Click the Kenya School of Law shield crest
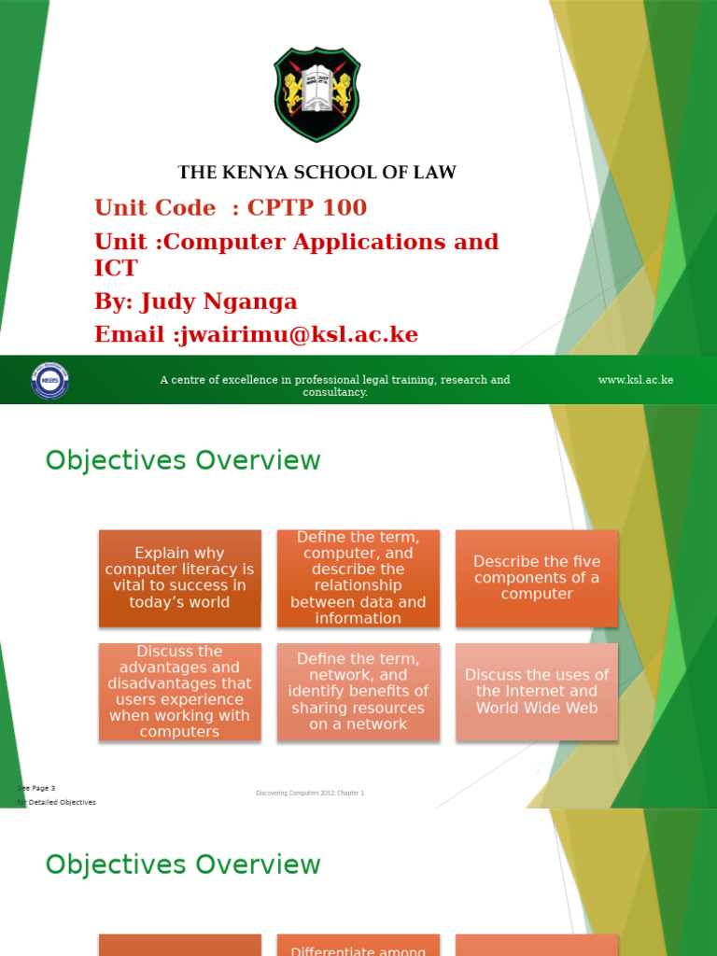click(x=317, y=94)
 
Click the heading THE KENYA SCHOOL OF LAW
click(x=317, y=173)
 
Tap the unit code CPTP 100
click(x=307, y=207)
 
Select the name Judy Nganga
click(x=218, y=302)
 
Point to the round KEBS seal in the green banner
click(x=50, y=380)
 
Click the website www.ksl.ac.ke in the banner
click(x=636, y=380)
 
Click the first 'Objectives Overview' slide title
click(x=183, y=460)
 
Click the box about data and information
click(x=358, y=578)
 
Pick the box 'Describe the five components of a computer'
click(x=537, y=578)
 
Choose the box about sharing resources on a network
click(x=358, y=692)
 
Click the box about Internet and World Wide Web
click(x=537, y=692)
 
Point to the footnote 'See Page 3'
click(x=37, y=788)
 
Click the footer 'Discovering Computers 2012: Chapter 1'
click(x=310, y=793)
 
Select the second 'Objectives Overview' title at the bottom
click(x=183, y=865)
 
